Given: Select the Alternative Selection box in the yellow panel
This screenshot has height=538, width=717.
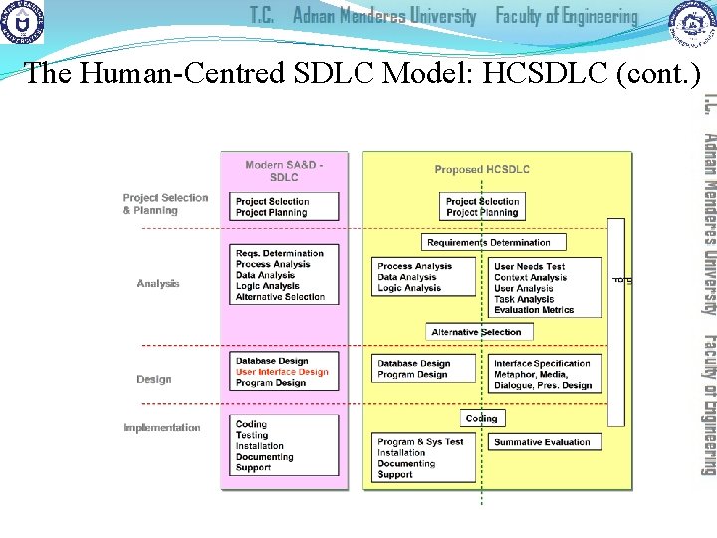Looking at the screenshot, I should [476, 332].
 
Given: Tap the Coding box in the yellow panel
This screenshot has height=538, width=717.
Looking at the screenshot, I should [481, 418].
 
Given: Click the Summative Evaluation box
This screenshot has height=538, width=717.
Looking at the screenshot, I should [542, 442].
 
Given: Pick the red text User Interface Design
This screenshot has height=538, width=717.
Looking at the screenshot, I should [282, 372].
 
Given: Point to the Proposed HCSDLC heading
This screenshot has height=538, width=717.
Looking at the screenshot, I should [482, 170].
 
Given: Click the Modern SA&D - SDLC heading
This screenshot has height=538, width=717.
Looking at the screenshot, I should [284, 170].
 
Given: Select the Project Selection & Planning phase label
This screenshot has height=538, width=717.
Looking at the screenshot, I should [165, 204].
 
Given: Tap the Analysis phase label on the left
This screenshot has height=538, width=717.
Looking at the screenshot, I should [158, 284].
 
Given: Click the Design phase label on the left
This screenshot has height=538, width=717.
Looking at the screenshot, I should [154, 379].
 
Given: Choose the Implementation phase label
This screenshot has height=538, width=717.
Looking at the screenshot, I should [162, 428].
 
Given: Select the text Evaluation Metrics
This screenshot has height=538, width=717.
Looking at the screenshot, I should [534, 310].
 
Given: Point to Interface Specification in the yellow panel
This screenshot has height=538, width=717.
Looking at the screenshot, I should [542, 364].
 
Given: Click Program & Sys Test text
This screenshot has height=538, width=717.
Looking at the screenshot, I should [420, 442].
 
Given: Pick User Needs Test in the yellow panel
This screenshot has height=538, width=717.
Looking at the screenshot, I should [529, 267].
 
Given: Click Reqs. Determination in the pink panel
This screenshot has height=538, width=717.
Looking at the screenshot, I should [280, 254].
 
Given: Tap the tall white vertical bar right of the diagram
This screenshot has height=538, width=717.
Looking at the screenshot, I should [616, 322].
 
